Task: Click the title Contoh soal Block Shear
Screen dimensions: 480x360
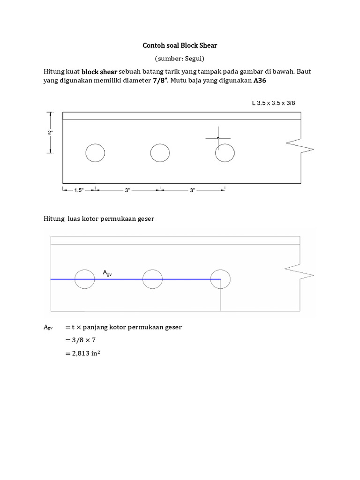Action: pyautogui.click(x=180, y=46)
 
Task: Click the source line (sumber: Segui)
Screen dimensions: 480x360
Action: pyautogui.click(x=180, y=59)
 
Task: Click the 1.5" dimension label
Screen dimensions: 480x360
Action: pyautogui.click(x=80, y=190)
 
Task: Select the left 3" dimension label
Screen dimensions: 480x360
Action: pyautogui.click(x=127, y=190)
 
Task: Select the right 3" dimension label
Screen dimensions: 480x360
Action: pyautogui.click(x=192, y=190)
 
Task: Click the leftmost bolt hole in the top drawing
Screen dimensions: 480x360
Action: pyautogui.click(x=95, y=153)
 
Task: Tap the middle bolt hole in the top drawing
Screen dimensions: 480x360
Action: pyautogui.click(x=160, y=153)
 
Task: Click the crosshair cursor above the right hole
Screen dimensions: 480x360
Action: pyautogui.click(x=218, y=138)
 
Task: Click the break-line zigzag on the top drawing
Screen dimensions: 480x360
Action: pyautogui.click(x=300, y=145)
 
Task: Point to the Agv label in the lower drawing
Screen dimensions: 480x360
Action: pyautogui.click(x=107, y=273)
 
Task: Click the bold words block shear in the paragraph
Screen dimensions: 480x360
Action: pyautogui.click(x=99, y=72)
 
